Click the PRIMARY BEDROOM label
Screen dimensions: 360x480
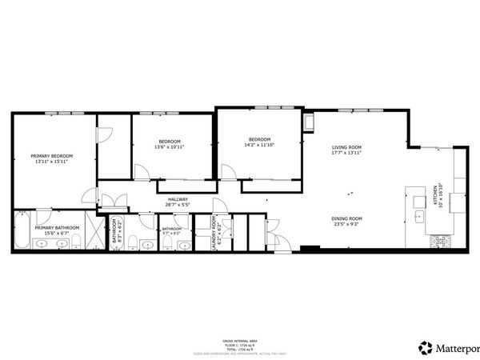[x=52, y=156]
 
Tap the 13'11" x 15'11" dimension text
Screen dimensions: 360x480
[x=52, y=162]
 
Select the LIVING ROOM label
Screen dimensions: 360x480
[x=347, y=147]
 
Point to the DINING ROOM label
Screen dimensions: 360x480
[x=347, y=218]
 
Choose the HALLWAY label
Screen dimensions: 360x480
[x=178, y=199]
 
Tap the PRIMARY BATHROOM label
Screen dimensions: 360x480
[x=57, y=228]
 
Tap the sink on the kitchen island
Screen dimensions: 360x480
[x=418, y=216]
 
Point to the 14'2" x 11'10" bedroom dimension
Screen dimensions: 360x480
[x=259, y=145]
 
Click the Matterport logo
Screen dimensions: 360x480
[x=448, y=347]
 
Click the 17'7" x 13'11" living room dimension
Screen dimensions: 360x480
[x=347, y=153]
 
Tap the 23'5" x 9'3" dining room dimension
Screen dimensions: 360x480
[x=347, y=224]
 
